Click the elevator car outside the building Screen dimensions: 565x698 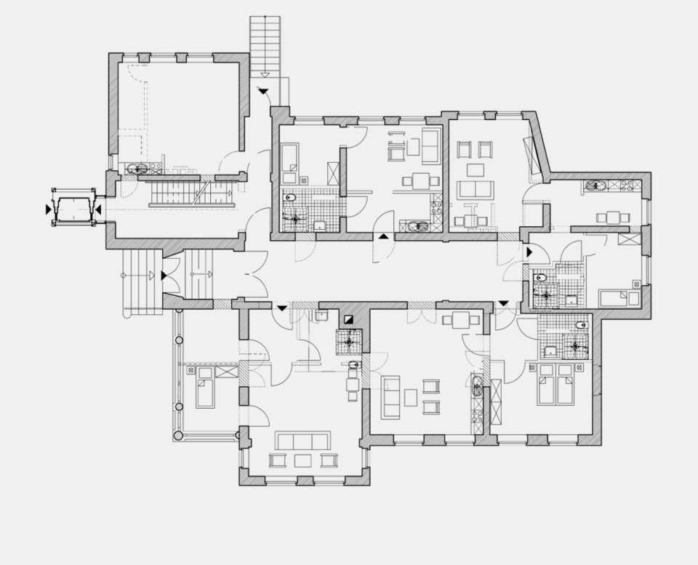point(73,208)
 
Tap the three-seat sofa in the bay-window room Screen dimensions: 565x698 point(302,441)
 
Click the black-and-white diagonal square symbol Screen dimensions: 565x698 point(350,318)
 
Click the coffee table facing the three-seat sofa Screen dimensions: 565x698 point(302,460)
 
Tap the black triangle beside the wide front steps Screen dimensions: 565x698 point(165,276)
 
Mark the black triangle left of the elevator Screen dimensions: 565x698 point(49,209)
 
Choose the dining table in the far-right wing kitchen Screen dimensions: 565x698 point(613,217)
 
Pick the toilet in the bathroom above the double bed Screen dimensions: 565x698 point(581,325)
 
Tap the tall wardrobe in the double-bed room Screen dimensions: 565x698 point(497,402)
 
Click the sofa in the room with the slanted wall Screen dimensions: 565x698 point(474,189)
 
